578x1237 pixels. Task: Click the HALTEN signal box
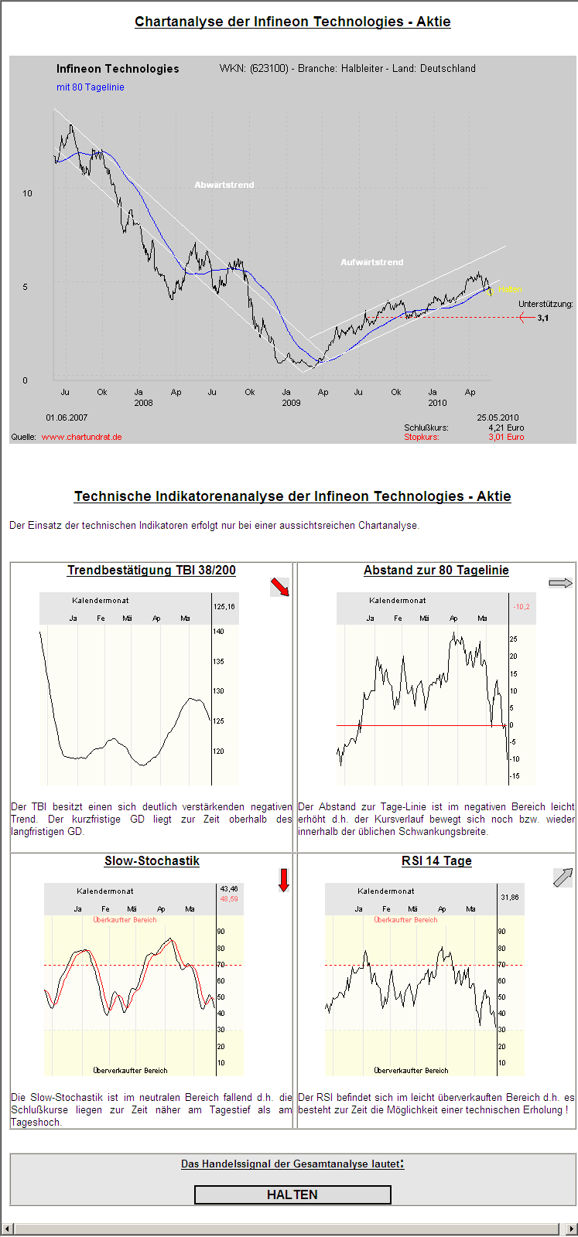coord(292,1194)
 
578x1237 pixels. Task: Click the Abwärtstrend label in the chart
coord(224,185)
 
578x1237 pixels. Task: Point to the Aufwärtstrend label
coord(372,262)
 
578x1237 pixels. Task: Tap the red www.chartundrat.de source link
coord(81,437)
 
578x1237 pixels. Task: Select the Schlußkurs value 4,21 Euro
coord(506,428)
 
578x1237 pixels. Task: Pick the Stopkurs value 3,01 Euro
coord(506,437)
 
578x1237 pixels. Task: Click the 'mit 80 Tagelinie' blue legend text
coord(91,87)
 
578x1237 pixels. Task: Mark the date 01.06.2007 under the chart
coord(67,417)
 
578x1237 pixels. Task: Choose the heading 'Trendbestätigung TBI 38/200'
coord(152,571)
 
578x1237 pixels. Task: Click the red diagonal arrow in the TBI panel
coord(279,588)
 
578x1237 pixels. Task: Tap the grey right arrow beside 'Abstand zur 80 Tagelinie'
coord(560,583)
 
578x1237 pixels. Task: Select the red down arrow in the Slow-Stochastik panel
coord(283,880)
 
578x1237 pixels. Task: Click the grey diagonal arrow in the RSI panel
coord(563,877)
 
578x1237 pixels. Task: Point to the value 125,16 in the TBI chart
coord(224,607)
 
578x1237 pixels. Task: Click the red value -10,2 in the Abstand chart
coord(522,607)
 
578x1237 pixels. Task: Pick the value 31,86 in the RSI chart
coord(510,898)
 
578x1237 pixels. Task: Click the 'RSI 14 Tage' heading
coord(436,861)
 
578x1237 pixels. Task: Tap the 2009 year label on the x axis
coord(291,403)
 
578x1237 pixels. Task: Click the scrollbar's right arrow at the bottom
coord(572,1229)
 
